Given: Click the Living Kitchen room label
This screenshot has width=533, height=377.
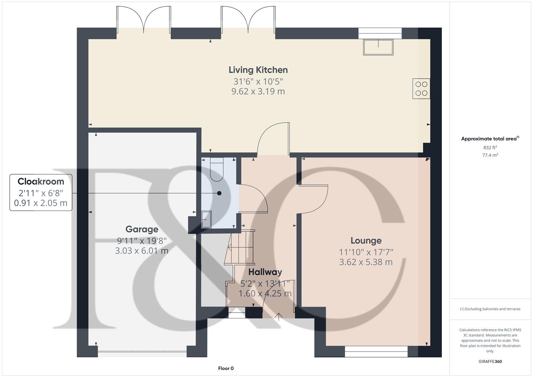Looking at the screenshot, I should point(258,70).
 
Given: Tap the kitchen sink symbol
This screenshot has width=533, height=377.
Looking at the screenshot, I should point(378,47).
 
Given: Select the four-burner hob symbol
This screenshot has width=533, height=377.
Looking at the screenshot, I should point(421,89).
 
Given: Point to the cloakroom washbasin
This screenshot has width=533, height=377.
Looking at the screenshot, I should point(207,220).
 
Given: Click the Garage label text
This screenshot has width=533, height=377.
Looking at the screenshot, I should point(142,229).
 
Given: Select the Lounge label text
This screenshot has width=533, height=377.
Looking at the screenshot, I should point(366,241).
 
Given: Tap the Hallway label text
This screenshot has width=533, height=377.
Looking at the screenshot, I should point(265,272).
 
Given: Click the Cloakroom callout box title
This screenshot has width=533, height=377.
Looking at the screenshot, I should point(41,182).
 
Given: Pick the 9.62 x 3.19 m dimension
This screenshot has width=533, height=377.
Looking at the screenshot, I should point(258,91).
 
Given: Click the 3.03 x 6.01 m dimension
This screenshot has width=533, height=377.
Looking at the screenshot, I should point(142,251).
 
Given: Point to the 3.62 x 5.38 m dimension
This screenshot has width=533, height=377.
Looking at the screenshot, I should point(366,262).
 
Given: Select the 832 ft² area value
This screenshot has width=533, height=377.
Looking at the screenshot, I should point(490,148).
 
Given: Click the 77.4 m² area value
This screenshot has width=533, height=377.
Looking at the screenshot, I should point(490,155).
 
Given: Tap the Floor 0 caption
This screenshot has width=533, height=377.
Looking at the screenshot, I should point(226,368).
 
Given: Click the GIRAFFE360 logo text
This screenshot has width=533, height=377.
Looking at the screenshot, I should point(490,362).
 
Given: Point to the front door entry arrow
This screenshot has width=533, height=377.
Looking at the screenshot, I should point(279,316).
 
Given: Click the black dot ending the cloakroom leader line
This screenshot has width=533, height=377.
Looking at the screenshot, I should point(219,193).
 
